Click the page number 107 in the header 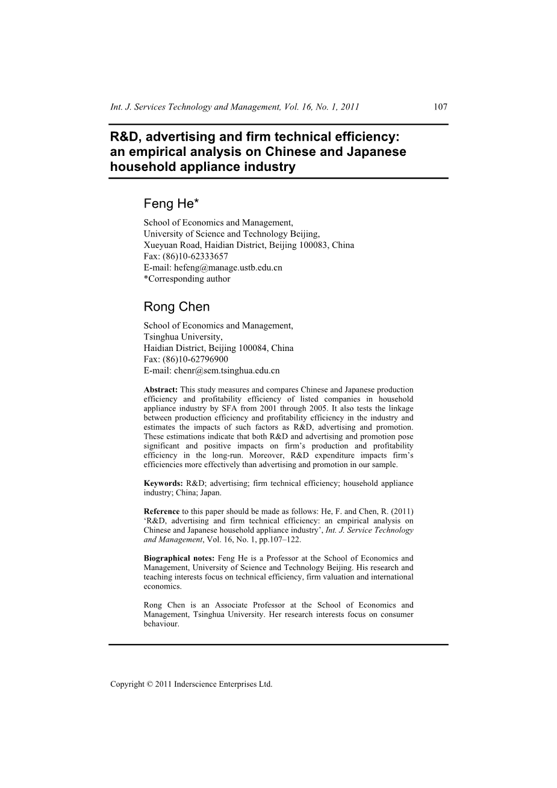(440, 107)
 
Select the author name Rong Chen (176, 306)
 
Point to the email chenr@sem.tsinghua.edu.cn (226, 371)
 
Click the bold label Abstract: (160, 390)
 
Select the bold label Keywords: (163, 483)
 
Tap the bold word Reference (161, 512)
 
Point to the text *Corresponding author (187, 279)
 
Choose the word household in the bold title (140, 167)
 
